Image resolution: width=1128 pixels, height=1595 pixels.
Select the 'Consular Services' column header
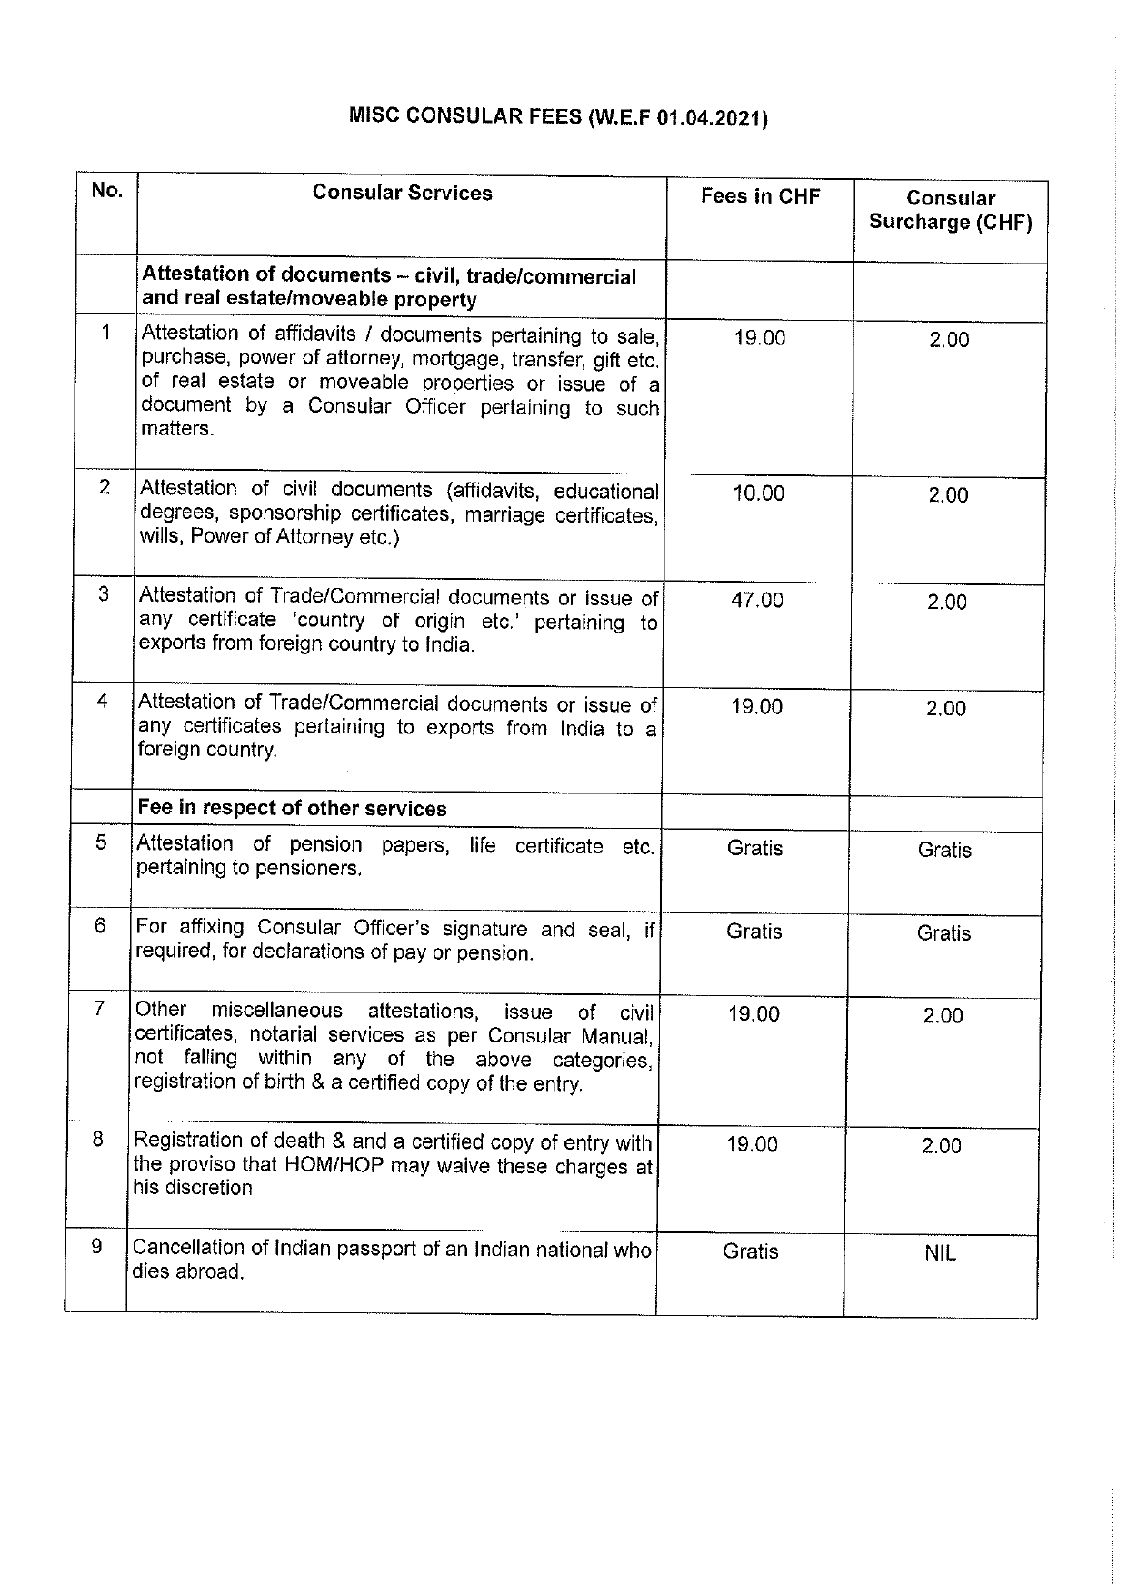click(402, 193)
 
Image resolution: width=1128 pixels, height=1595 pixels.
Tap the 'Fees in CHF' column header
click(760, 196)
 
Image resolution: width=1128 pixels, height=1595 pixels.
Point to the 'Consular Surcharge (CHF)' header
click(950, 211)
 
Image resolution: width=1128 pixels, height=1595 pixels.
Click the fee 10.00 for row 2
click(758, 493)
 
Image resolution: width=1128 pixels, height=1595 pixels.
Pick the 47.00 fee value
click(756, 600)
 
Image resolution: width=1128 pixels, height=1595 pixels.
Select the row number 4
click(103, 701)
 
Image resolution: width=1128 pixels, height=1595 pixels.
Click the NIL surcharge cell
click(940, 1253)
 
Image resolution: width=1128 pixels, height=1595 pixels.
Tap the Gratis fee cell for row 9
click(750, 1251)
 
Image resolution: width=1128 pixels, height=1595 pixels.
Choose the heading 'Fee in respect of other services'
click(292, 809)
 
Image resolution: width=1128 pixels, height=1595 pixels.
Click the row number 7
click(100, 1009)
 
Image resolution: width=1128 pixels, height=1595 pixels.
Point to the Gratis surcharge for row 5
click(944, 850)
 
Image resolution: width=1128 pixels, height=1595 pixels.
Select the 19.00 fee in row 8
click(752, 1144)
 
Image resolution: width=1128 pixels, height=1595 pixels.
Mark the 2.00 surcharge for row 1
click(949, 340)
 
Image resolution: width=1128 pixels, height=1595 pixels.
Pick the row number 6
click(100, 925)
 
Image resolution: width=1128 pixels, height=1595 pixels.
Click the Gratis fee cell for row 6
click(754, 932)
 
